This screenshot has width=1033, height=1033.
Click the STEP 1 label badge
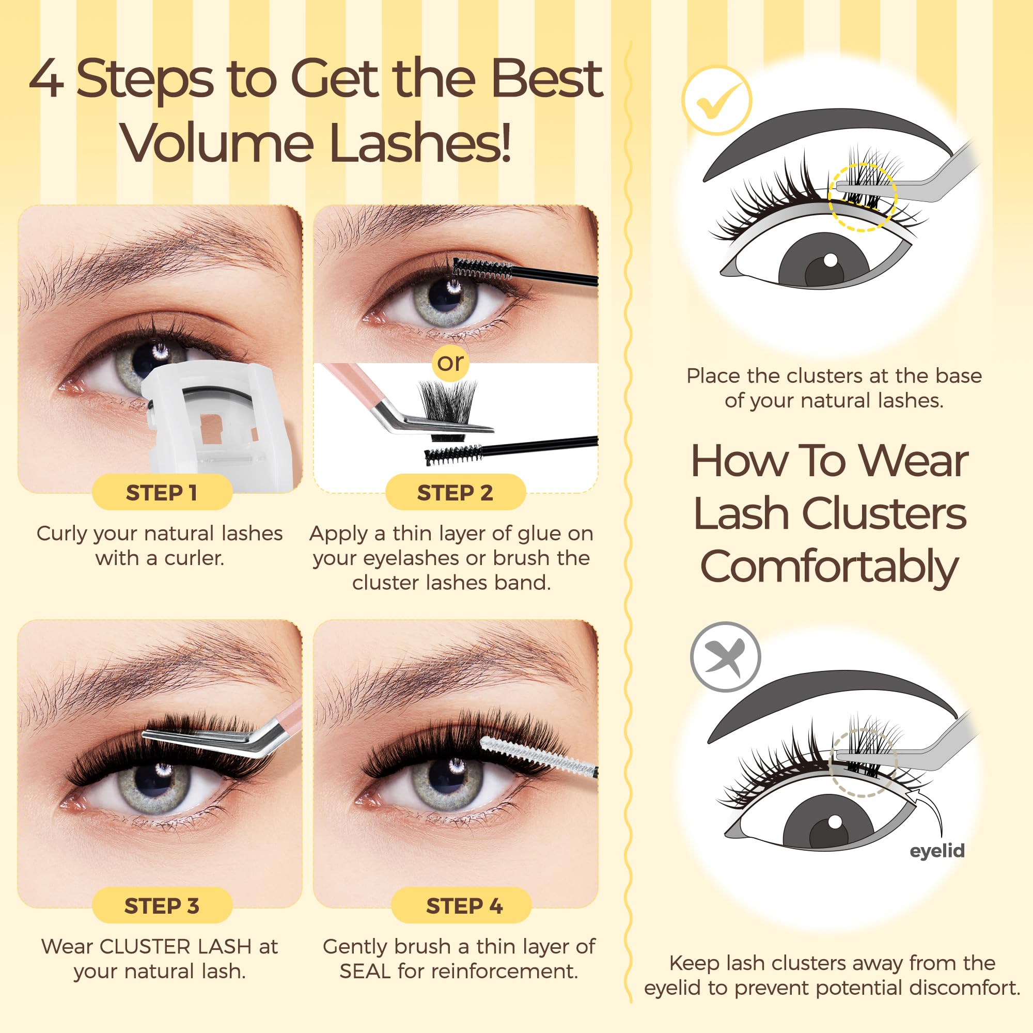[162, 492]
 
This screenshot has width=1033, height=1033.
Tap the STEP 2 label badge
[455, 492]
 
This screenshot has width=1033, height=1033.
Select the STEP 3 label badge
[162, 906]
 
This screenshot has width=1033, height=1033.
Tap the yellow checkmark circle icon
[716, 100]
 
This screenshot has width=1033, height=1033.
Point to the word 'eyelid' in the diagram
[937, 850]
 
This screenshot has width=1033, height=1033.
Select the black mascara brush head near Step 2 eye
[481, 269]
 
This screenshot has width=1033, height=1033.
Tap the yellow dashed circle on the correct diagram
[862, 197]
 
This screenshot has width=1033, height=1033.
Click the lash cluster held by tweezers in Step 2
[448, 402]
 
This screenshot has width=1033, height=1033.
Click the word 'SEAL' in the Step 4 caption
[365, 972]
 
